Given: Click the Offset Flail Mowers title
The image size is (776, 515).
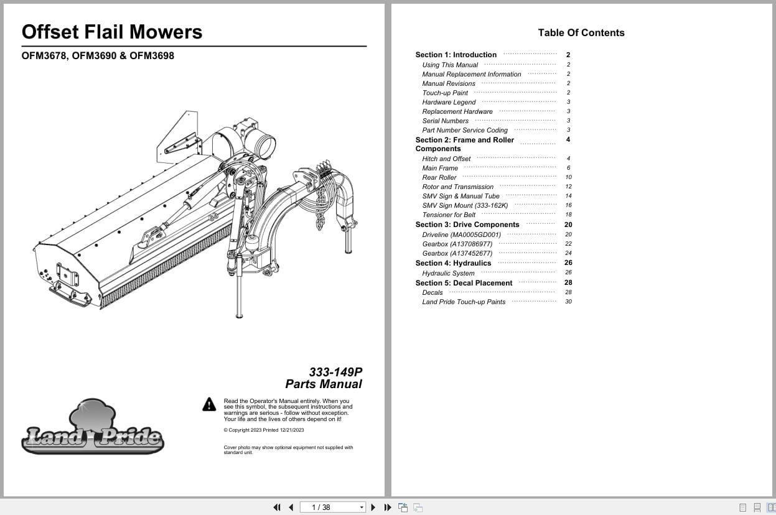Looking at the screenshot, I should [x=112, y=32].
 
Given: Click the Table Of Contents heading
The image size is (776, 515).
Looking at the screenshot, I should [x=581, y=33].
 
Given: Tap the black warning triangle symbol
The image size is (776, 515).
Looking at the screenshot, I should [x=209, y=405].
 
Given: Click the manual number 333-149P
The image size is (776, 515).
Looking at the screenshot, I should [x=335, y=372].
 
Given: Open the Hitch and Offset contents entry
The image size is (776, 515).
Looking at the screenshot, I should [x=446, y=159].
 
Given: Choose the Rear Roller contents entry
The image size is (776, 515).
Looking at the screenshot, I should [x=439, y=177].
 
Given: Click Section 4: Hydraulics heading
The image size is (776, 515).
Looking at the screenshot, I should [x=453, y=263].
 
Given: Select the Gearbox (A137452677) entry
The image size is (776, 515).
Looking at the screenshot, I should [x=457, y=253].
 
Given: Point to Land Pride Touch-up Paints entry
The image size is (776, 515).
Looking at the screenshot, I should [x=464, y=302].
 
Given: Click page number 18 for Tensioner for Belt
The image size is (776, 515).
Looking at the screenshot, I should [x=568, y=215].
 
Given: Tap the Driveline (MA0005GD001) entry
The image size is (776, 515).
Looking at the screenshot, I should [x=461, y=234].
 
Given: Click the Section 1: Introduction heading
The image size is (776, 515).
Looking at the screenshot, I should [x=456, y=55].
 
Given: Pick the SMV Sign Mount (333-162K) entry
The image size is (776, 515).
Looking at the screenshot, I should [x=465, y=205].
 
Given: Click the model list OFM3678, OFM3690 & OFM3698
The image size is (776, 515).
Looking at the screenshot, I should [x=98, y=55].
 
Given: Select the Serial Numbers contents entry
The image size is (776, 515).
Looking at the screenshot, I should [x=446, y=121].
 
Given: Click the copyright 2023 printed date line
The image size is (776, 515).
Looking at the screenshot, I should [x=264, y=430].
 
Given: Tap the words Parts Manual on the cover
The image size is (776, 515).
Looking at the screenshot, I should [x=324, y=384].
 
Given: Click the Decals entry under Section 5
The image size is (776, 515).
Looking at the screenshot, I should [x=432, y=292].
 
